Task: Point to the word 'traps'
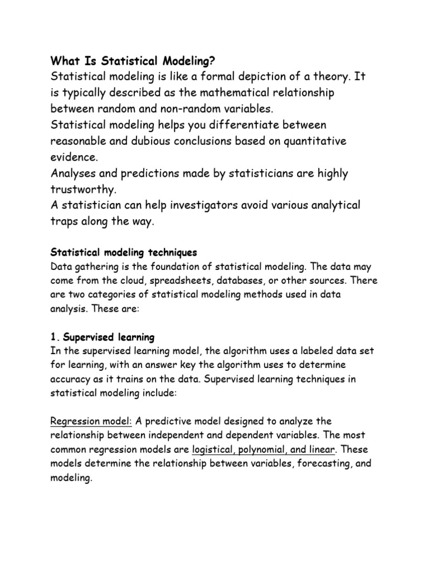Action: coord(65,222)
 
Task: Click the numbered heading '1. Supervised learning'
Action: coord(103,338)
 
